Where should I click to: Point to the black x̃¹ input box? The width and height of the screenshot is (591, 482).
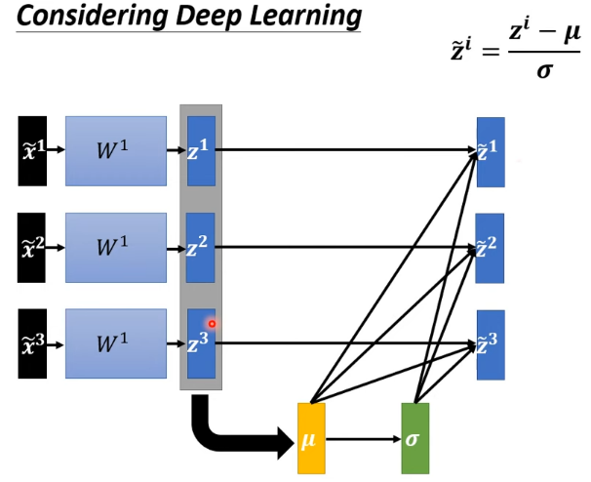(x=32, y=150)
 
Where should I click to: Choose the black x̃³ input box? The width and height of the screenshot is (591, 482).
(x=32, y=343)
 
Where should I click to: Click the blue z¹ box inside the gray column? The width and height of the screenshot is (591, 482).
(x=200, y=150)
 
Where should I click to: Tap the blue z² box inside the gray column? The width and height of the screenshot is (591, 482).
(x=200, y=247)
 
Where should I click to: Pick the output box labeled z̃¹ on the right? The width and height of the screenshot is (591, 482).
(x=491, y=150)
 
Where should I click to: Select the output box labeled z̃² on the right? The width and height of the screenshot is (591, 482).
(x=491, y=247)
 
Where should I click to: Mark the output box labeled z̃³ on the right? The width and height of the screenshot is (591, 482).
(x=491, y=343)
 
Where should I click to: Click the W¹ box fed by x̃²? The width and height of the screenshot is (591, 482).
(x=116, y=247)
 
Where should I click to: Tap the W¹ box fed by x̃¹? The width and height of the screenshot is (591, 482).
(x=116, y=150)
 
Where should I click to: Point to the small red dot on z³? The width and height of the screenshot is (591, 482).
(x=212, y=324)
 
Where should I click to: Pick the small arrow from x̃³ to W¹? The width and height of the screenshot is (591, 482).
(x=56, y=343)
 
